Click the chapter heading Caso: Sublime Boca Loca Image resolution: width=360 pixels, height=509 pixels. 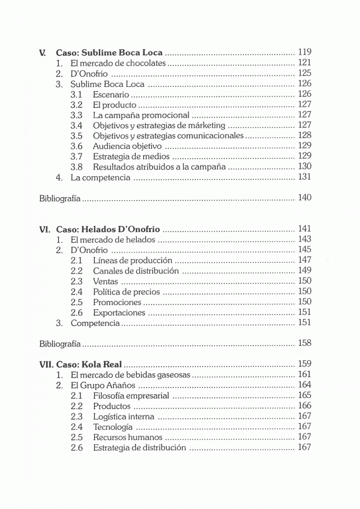[x=109, y=52]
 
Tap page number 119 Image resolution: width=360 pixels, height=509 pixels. [x=304, y=52]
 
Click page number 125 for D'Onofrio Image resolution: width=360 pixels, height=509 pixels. [x=304, y=74]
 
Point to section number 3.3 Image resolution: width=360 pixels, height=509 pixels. [x=76, y=115]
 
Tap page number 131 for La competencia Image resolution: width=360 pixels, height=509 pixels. [x=304, y=177]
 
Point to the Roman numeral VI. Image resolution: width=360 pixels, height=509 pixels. [x=44, y=230]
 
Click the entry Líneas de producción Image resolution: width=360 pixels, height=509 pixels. [x=133, y=261]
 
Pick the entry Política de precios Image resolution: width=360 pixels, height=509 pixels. [x=127, y=292]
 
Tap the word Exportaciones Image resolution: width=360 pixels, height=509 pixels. [x=119, y=313]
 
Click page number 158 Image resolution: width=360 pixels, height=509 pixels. [x=304, y=344]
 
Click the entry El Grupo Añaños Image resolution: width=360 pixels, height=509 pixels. [x=103, y=385]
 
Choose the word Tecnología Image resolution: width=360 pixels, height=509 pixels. [x=113, y=427]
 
